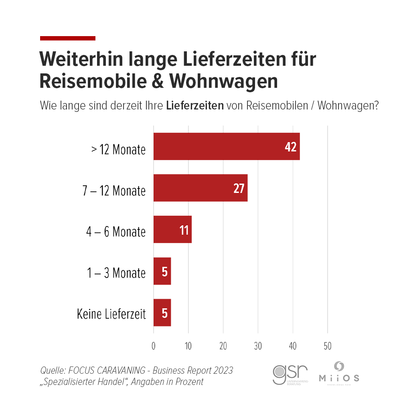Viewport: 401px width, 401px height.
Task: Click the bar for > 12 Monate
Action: (227, 146)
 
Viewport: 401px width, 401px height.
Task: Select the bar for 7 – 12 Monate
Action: (200, 188)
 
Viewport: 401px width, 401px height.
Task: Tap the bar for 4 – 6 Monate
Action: (172, 229)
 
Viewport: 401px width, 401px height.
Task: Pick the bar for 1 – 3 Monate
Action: (162, 271)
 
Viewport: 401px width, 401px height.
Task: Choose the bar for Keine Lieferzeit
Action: (162, 313)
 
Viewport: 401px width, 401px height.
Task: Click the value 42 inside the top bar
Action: (290, 147)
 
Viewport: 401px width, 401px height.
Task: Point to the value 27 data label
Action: (239, 188)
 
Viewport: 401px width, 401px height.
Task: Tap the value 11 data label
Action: (184, 230)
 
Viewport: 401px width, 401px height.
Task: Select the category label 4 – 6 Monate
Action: (115, 232)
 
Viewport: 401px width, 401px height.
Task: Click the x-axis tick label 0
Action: (154, 346)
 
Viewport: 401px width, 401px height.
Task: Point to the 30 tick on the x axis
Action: (258, 346)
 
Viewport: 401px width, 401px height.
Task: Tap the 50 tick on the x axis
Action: (328, 346)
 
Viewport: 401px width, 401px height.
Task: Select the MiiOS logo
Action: (339, 373)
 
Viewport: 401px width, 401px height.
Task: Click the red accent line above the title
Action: (68, 38)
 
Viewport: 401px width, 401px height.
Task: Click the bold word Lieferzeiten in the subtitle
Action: (194, 107)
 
